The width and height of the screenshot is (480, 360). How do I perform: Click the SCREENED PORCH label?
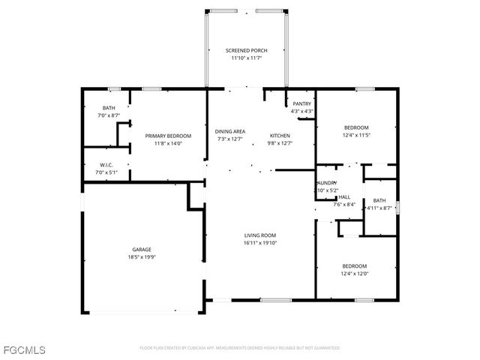click(x=246, y=50)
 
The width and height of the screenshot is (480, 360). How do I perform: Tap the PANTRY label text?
click(x=302, y=103)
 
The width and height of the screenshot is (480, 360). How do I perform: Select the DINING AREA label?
click(x=230, y=131)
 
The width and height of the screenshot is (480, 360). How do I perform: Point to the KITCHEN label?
click(x=280, y=136)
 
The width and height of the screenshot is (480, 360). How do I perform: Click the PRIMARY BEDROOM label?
click(x=168, y=136)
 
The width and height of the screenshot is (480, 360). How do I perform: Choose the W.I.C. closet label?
click(x=106, y=165)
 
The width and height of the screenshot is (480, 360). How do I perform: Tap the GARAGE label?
click(x=142, y=250)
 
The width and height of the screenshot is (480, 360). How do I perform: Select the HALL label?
click(x=344, y=196)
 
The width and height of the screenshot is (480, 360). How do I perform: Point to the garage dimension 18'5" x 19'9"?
click(x=142, y=257)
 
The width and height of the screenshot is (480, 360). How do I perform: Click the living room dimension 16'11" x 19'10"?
click(x=260, y=243)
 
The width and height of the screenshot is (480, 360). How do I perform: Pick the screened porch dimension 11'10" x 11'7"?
click(x=246, y=58)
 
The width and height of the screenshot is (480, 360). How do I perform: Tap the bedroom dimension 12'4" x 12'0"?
click(x=355, y=273)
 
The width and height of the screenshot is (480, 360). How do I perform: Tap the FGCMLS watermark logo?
click(x=24, y=350)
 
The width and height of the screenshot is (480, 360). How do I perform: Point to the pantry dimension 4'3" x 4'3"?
click(x=302, y=111)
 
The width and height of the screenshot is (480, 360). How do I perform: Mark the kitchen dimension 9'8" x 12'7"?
click(x=280, y=143)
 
